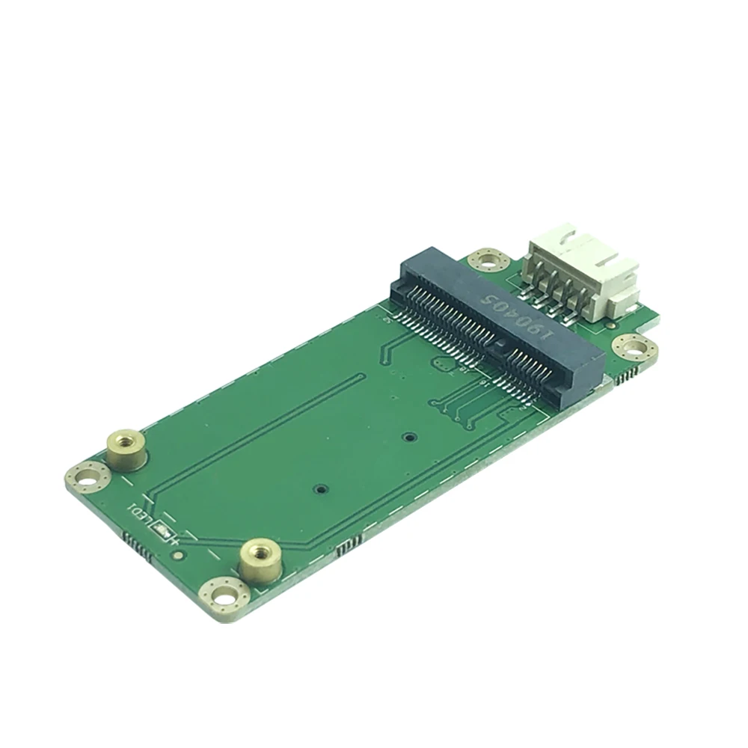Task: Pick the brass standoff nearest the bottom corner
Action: coord(260,557)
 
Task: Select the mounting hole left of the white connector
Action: coord(488,261)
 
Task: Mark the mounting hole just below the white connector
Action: coord(634,347)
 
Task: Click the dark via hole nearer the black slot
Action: coord(408,435)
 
